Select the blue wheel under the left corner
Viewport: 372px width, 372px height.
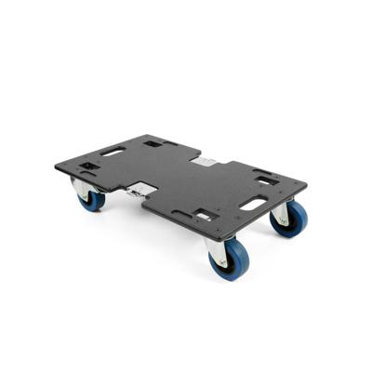(90, 196)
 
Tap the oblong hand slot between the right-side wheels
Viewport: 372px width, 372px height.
(253, 202)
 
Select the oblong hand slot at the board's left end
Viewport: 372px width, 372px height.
(113, 150)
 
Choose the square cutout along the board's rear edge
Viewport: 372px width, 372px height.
(153, 143)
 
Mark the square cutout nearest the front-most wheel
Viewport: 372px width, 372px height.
(203, 216)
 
